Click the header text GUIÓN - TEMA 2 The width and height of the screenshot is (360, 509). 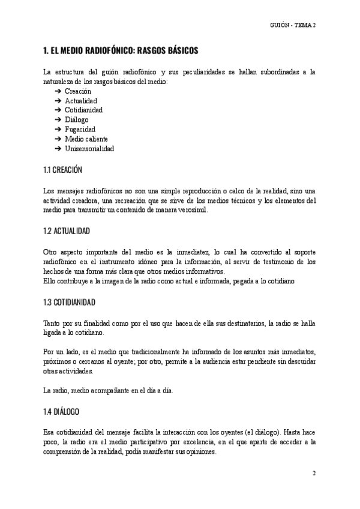tap(293, 25)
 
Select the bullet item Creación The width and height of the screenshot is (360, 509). tap(78, 91)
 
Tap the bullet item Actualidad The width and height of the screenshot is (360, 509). tap(81, 100)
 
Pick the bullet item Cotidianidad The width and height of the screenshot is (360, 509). tap(84, 110)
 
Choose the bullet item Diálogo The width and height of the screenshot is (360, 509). tap(76, 119)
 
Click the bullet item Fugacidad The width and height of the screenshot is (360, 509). tap(80, 129)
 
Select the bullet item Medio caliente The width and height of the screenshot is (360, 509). tap(86, 139)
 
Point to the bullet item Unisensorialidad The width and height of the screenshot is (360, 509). tap(89, 148)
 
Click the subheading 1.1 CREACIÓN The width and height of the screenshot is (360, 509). tap(63, 170)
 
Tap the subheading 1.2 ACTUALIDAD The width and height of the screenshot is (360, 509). tap(68, 230)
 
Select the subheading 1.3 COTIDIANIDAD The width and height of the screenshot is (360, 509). tap(71, 301)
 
